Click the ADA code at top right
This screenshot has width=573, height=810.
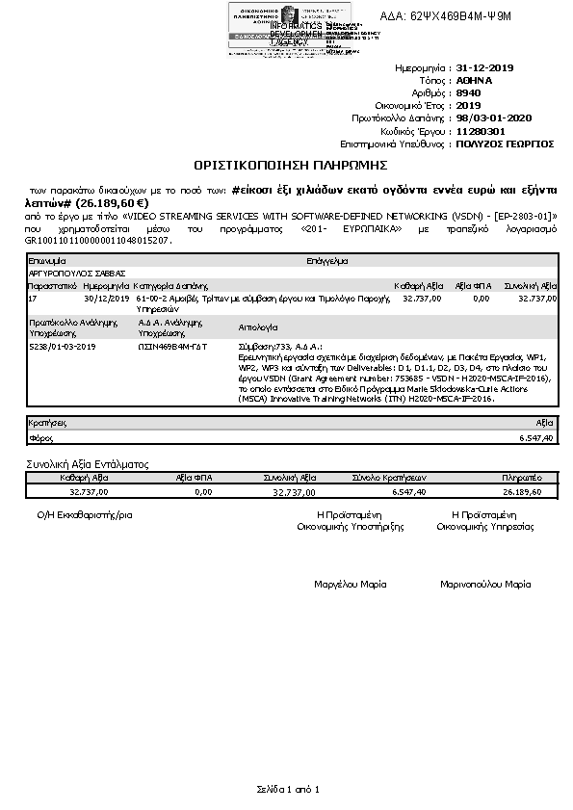coord(459,16)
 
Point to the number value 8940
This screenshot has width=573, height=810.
coord(468,93)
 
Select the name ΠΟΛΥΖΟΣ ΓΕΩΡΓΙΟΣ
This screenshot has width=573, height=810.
coord(505,144)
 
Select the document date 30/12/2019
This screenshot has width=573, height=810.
coord(106,300)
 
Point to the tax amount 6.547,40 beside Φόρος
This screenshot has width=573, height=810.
coord(536,437)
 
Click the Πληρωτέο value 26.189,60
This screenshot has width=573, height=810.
coord(522,491)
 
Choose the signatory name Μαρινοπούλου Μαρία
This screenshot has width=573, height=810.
coord(485,584)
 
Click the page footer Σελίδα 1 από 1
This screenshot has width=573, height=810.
coord(287,789)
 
